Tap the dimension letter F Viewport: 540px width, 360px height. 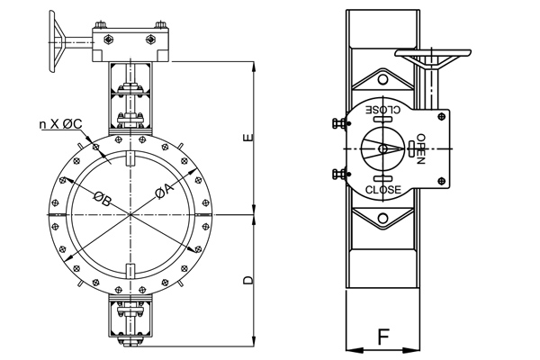pos(382,337)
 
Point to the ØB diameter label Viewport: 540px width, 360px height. pos(102,199)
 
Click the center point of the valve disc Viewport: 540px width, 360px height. pos(131,215)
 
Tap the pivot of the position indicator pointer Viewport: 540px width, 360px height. pos(382,148)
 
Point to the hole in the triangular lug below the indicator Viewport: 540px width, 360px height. pos(382,218)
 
